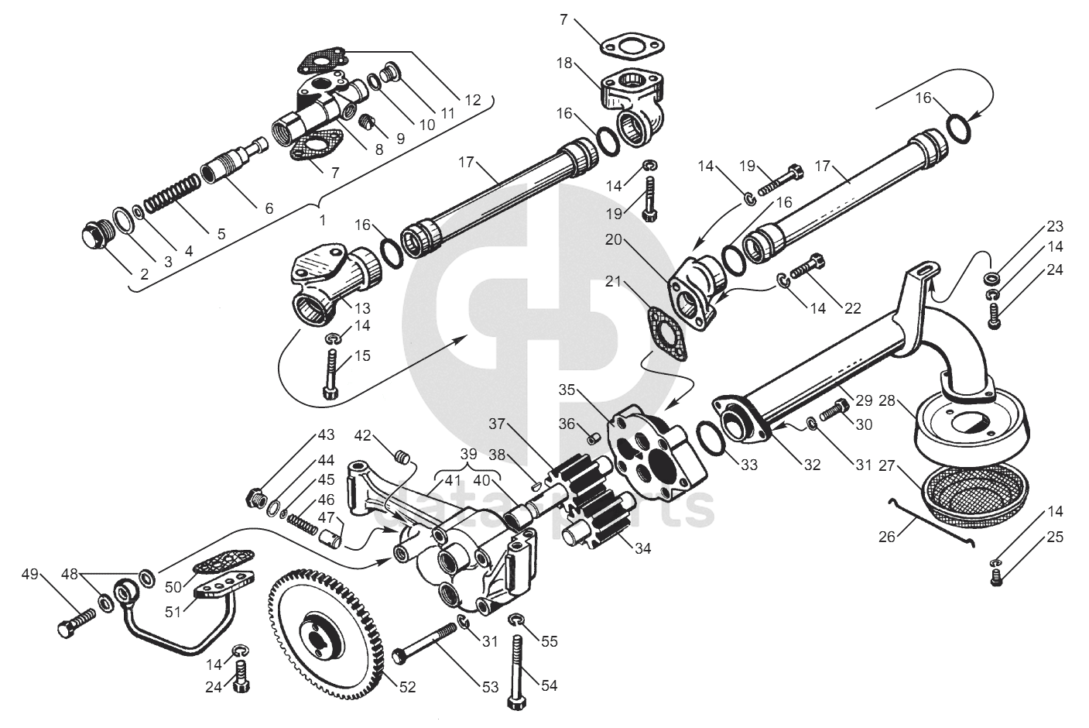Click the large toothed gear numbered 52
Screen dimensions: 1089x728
pyautogui.click(x=325, y=634)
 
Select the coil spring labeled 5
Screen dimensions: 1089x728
pyautogui.click(x=173, y=194)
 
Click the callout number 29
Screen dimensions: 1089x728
pyautogui.click(x=864, y=401)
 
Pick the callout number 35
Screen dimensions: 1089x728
pyautogui.click(x=567, y=390)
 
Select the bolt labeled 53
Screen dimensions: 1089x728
pyautogui.click(x=424, y=642)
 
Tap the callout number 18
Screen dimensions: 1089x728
pyautogui.click(x=564, y=64)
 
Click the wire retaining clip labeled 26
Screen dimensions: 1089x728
pyautogui.click(x=931, y=524)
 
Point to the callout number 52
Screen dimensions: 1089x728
pyautogui.click(x=407, y=687)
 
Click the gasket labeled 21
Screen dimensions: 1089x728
pyautogui.click(x=668, y=333)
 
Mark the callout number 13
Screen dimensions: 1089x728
pyautogui.click(x=363, y=308)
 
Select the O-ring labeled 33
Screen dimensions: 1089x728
pyautogui.click(x=711, y=438)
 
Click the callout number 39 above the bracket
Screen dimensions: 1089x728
pyautogui.click(x=469, y=456)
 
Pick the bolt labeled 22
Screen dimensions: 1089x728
pyautogui.click(x=807, y=265)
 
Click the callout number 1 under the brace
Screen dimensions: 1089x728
pyautogui.click(x=322, y=220)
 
